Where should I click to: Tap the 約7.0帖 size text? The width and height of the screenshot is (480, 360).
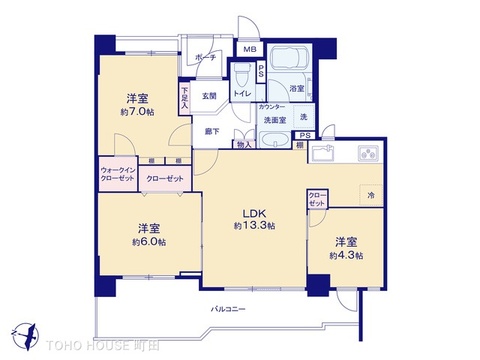pyautogui.click(x=139, y=112)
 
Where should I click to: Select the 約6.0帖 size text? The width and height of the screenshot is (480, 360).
pyautogui.click(x=149, y=242)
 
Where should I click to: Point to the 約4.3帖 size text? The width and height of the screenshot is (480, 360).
pyautogui.click(x=347, y=256)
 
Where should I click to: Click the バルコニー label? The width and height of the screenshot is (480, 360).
pyautogui.click(x=227, y=308)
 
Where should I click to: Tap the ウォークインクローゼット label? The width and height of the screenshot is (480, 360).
pyautogui.click(x=117, y=175)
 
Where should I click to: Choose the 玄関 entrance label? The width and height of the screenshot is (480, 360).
pyautogui.click(x=208, y=96)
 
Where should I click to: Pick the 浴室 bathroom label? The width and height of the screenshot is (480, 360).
pyautogui.click(x=296, y=89)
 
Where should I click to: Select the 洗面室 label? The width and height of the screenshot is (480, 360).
pyautogui.click(x=274, y=120)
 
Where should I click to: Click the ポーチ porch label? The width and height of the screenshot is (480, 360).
pyautogui.click(x=206, y=57)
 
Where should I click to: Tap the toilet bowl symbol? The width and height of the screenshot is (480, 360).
pyautogui.click(x=241, y=76)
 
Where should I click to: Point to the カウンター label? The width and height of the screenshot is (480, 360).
pyautogui.click(x=270, y=106)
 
